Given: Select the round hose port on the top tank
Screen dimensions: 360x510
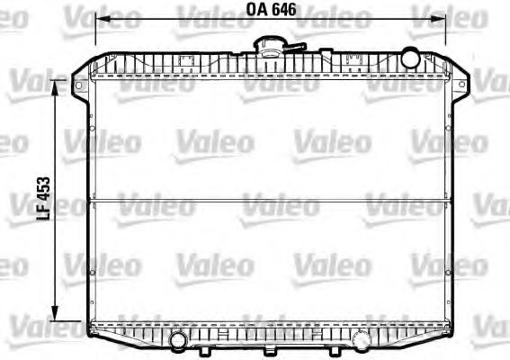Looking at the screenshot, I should (409, 58).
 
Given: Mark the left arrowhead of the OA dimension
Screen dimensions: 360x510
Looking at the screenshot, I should (100, 17).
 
